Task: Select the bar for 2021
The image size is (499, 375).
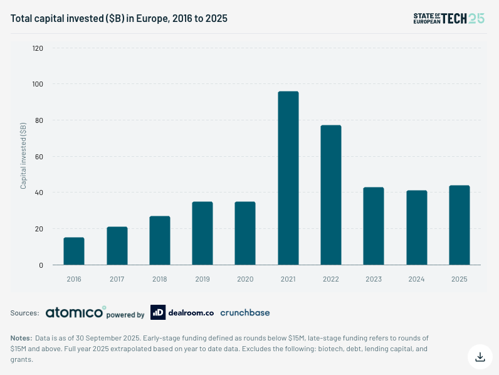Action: coord(288,178)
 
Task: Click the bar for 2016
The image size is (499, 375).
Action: coord(74,251)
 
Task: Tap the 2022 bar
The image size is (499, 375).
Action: coord(331,195)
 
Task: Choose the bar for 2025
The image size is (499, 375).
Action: coord(460,225)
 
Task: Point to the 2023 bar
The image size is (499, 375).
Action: coord(374,226)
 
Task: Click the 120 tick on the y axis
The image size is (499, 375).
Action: coord(38,48)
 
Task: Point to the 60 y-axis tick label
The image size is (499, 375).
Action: coord(39,157)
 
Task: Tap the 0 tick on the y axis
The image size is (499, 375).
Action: coord(41,265)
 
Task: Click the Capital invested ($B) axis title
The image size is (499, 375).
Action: coord(23,156)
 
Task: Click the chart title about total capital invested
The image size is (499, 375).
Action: coord(118,19)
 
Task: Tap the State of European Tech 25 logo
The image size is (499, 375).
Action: coord(448,18)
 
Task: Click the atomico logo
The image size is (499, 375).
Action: coord(75,312)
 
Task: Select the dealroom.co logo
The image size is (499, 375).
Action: coord(181,312)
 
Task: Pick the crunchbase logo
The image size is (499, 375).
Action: coord(244,312)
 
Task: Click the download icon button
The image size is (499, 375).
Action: coord(480,356)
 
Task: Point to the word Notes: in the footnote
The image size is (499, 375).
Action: coord(21,338)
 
